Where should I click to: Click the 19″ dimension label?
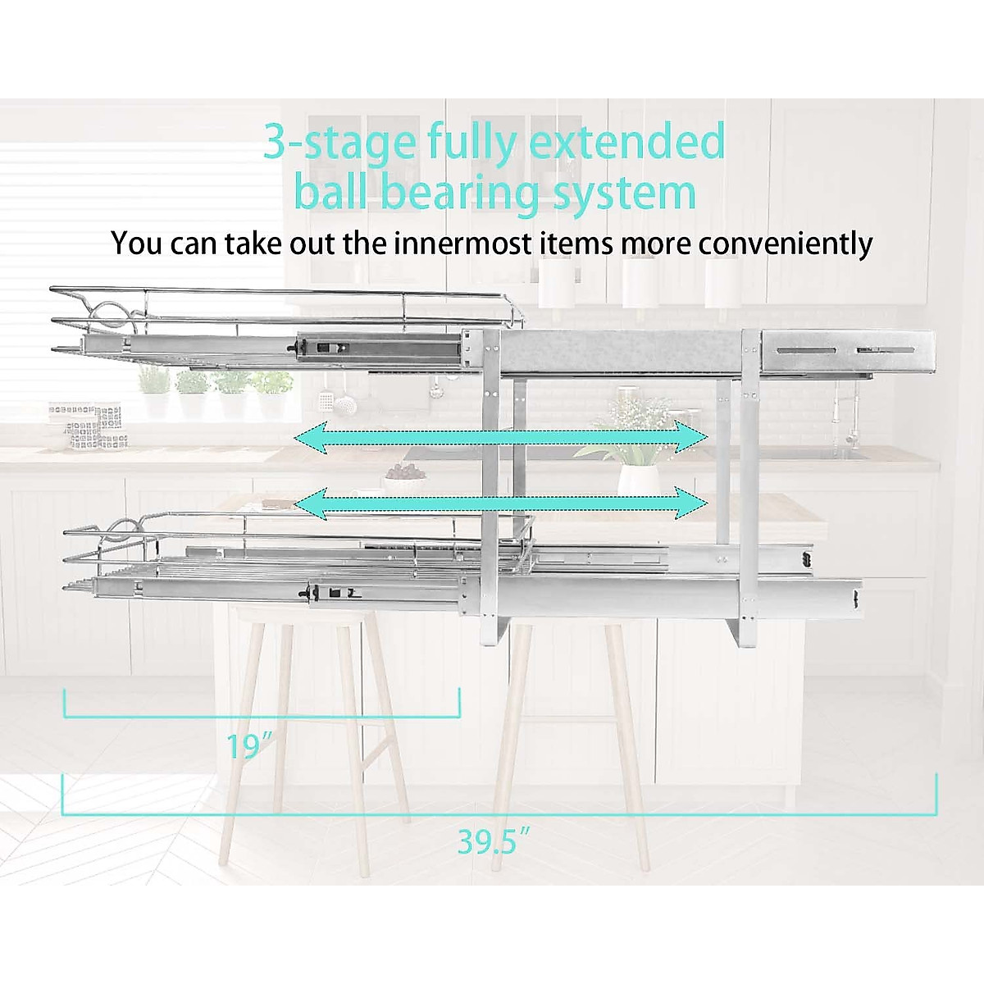pyautogui.click(x=249, y=746)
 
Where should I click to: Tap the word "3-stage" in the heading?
pyautogui.click(x=339, y=143)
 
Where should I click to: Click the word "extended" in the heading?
pyautogui.click(x=627, y=141)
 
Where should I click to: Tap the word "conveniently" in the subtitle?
pyautogui.click(x=785, y=244)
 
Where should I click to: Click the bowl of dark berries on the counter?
pyautogui.click(x=403, y=472)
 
